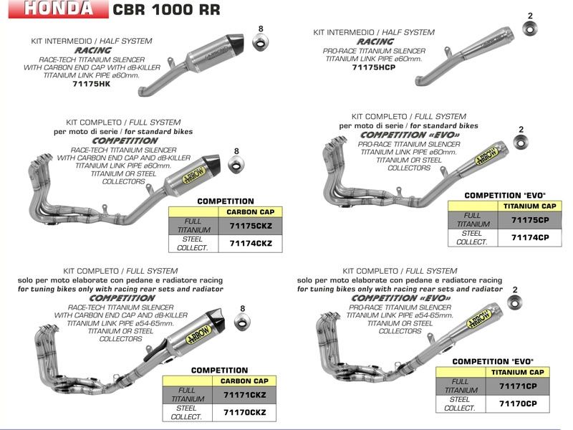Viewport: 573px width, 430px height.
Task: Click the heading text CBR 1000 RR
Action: pos(167,10)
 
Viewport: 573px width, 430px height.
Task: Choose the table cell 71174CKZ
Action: pos(250,244)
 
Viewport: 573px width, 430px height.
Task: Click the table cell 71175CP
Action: pos(530,219)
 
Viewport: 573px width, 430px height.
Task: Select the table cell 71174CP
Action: pos(530,237)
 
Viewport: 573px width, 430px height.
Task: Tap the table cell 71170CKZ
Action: pos(244,412)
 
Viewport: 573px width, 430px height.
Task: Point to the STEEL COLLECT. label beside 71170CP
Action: pos(460,403)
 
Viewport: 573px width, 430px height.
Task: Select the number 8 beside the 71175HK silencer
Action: pos(261,29)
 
